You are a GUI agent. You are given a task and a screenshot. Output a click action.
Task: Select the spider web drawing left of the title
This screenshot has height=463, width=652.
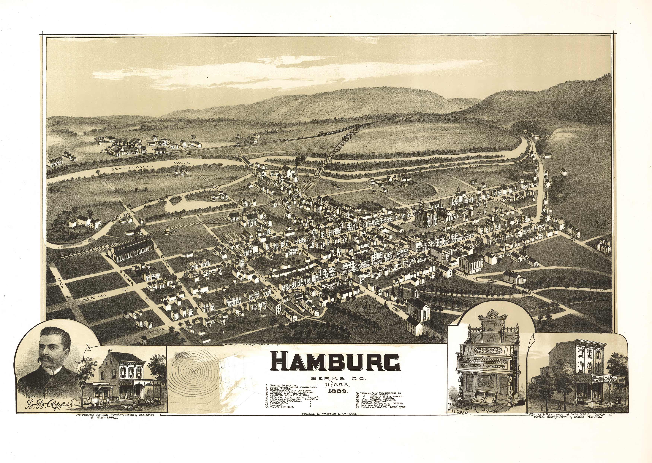194,372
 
